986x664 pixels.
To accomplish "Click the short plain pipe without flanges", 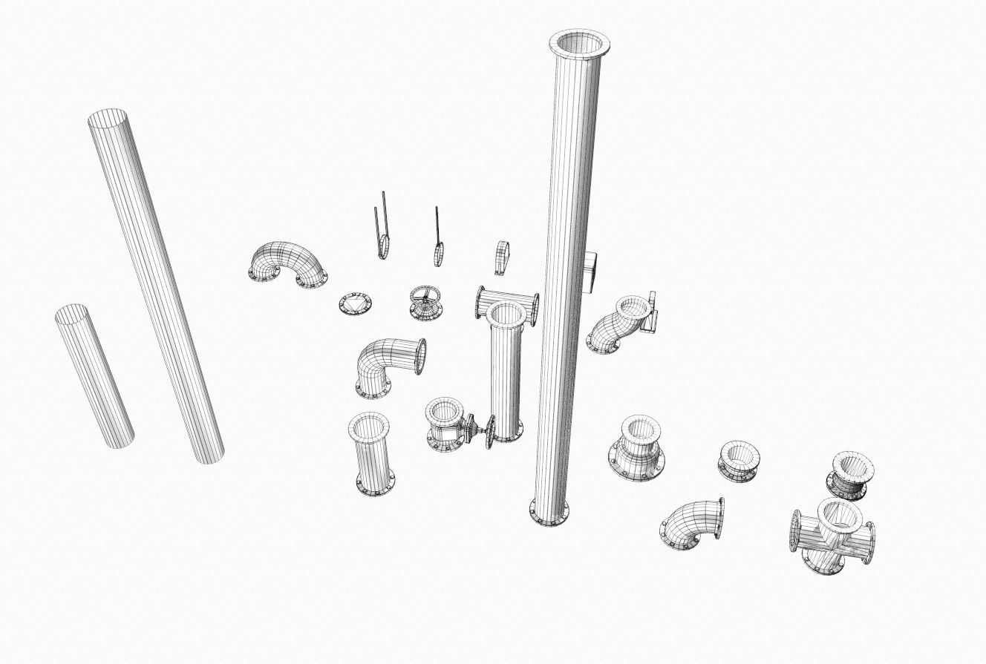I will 94,376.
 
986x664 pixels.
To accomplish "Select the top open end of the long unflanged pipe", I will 108,118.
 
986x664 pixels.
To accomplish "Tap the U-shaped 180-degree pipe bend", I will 287,261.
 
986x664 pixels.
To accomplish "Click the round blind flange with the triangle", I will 355,304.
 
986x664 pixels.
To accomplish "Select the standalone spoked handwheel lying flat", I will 425,302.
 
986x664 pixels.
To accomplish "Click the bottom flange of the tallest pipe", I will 549,512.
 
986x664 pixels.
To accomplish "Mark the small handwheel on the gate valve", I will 489,433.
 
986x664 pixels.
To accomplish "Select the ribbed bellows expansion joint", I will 849,476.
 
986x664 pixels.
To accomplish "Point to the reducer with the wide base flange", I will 637,449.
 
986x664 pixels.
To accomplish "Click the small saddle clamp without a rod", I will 503,257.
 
